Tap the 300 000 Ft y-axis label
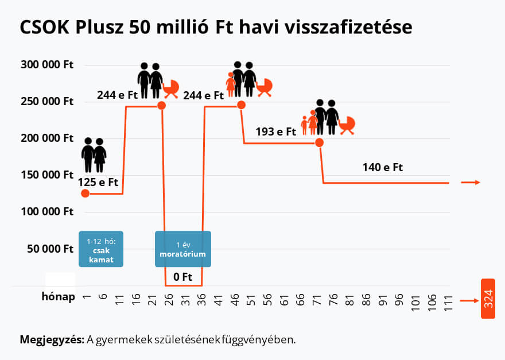click(x=47, y=64)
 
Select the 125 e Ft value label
click(x=99, y=183)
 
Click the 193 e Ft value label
click(x=275, y=131)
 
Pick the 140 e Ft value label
click(x=383, y=168)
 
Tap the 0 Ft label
click(x=182, y=277)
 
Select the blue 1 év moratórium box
click(x=183, y=249)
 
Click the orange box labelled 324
click(x=488, y=299)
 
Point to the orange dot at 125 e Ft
click(x=86, y=193)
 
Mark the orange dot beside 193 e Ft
click(x=320, y=142)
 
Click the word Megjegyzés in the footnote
click(x=52, y=339)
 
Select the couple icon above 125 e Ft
click(x=94, y=155)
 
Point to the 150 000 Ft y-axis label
click(x=47, y=175)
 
